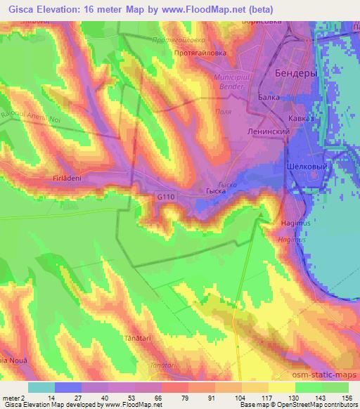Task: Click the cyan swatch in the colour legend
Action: [41, 387]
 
